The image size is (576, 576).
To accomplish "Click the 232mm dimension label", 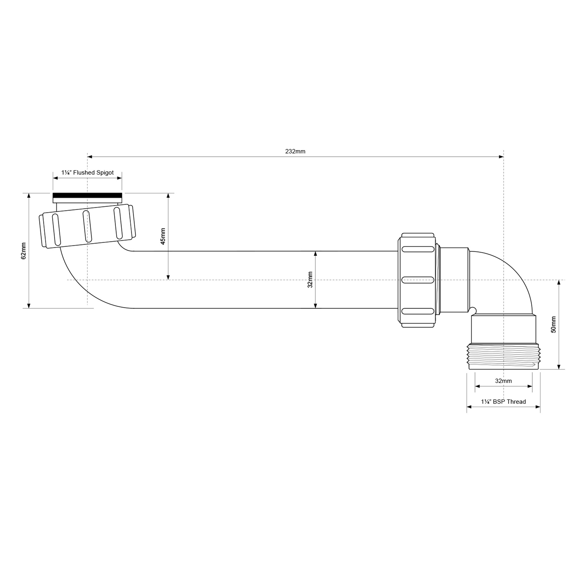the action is [295, 151].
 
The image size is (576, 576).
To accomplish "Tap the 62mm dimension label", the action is [23, 251].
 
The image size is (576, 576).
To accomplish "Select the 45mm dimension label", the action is [163, 236].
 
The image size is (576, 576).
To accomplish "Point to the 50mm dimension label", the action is [553, 324].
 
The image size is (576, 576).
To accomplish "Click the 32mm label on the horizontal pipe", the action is [310, 280].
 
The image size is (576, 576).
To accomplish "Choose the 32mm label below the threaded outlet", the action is [503, 381].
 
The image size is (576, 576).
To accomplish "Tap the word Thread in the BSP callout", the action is [516, 402].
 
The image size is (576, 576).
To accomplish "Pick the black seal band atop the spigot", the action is [87, 196].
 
